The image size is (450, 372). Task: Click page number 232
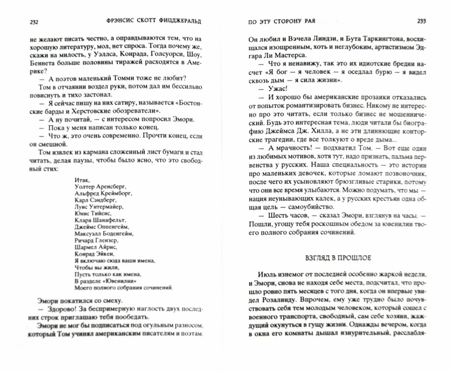pyautogui.click(x=33, y=22)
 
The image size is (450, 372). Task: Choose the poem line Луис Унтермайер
pyautogui.click(x=98, y=207)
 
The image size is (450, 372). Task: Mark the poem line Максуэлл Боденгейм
pyautogui.click(x=103, y=233)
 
